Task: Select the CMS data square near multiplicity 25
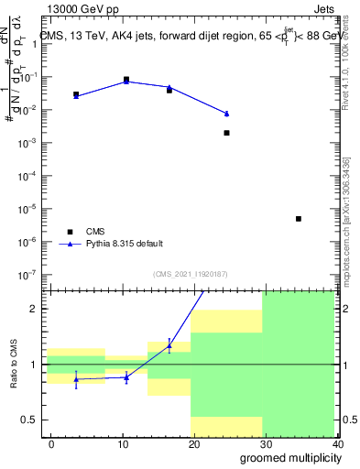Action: click(x=226, y=133)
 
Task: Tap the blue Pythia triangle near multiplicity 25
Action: click(x=226, y=114)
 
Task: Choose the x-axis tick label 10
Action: click(x=123, y=444)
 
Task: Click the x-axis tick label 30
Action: click(x=267, y=444)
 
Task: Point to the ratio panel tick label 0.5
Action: click(x=29, y=420)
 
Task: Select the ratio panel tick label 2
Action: click(x=34, y=309)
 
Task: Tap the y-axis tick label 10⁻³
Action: click(x=26, y=143)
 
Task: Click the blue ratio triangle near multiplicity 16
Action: click(x=169, y=345)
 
